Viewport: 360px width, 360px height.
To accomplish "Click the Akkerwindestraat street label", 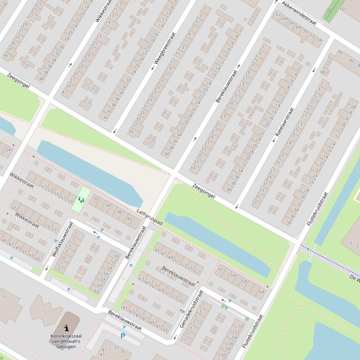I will (299, 13).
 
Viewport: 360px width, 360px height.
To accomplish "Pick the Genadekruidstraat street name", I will (191, 309).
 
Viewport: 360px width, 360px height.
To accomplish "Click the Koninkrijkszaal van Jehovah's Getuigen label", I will (66, 341).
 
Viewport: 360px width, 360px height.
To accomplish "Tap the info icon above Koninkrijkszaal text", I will (66, 328).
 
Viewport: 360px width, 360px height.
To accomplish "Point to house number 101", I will (343, 9).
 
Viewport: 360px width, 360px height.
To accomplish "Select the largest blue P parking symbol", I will (123, 336).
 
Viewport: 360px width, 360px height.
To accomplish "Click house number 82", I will (352, 60).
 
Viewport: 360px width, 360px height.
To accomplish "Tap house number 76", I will (339, 52).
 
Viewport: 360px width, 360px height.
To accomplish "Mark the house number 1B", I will (322, 72).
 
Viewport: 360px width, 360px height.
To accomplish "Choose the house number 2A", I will (353, 107).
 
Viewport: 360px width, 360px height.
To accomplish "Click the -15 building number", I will (3, 297).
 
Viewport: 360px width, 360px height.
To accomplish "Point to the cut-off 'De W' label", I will (354, 278).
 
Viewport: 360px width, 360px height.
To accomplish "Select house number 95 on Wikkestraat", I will (38, 259).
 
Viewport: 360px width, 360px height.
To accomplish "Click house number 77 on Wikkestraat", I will (54, 230).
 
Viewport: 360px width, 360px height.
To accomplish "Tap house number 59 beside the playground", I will (70, 202).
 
